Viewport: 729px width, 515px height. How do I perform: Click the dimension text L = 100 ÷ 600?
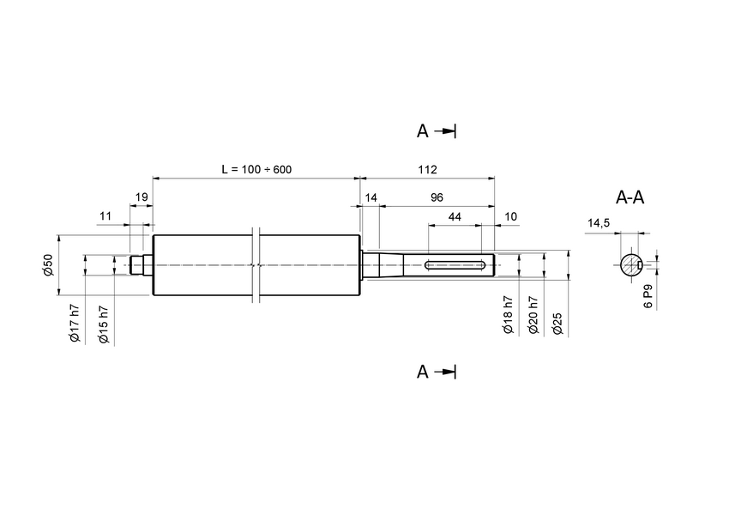[256, 169]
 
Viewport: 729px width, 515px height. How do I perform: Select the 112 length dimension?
[426, 169]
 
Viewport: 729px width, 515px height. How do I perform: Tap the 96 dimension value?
[437, 197]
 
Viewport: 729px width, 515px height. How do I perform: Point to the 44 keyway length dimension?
[455, 218]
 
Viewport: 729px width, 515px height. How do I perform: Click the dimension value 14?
[371, 197]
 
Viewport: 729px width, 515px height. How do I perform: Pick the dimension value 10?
[511, 218]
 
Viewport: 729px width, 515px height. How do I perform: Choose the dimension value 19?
[142, 197]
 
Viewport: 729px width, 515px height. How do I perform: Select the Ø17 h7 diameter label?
[75, 324]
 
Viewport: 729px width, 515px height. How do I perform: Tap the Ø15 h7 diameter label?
[104, 324]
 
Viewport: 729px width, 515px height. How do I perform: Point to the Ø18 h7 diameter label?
[507, 315]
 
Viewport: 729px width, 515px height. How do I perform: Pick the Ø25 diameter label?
[557, 324]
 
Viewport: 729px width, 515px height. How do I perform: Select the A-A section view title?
[630, 197]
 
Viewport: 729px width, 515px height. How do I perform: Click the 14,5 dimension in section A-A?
[598, 223]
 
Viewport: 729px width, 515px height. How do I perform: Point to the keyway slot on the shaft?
[458, 264]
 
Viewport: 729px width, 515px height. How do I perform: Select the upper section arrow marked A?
[437, 130]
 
